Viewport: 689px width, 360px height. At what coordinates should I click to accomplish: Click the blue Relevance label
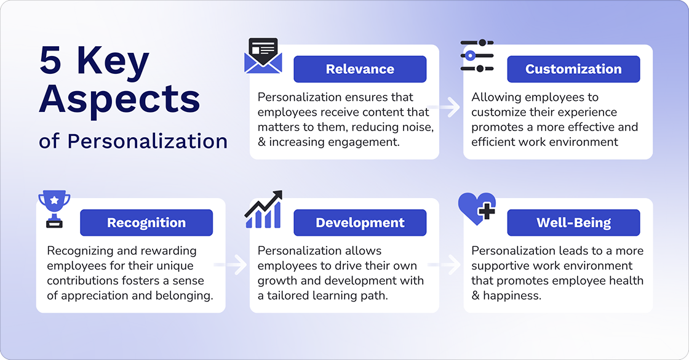point(360,69)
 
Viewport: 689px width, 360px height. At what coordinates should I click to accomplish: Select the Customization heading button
point(573,69)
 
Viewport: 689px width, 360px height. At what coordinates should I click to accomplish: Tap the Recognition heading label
point(146,223)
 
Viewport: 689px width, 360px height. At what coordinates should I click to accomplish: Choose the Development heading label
point(360,223)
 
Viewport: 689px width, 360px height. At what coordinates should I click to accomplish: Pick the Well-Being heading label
point(573,223)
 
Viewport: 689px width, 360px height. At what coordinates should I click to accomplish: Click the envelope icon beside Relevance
point(263,57)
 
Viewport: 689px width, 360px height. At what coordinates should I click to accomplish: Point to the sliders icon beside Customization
point(477,56)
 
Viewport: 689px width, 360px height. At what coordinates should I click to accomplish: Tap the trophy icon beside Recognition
point(54,209)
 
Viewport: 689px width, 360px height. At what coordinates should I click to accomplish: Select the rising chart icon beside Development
point(263,210)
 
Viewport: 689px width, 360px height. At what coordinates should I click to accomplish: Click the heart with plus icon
point(477,209)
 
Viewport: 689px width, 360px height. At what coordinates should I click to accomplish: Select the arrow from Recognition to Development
point(236,265)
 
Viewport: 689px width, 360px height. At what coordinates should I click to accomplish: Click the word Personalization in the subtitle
point(148,141)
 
